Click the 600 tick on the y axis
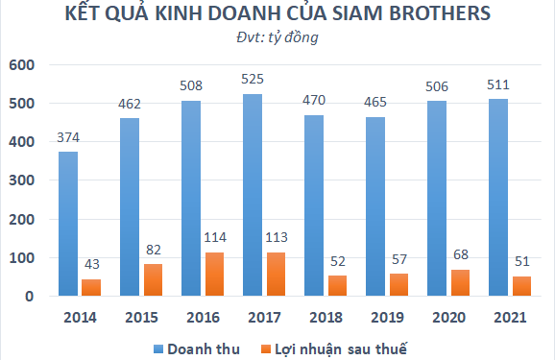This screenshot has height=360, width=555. pos(21,65)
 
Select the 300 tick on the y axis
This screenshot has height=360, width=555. pos(21,180)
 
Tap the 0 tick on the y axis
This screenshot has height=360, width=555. pos(30,297)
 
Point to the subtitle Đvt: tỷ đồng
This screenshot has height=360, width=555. pos(277,38)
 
